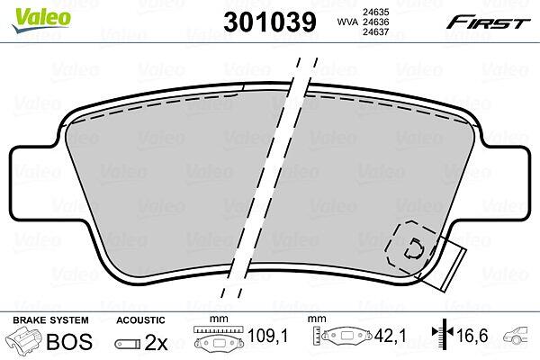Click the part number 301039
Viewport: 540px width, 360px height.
coord(270,22)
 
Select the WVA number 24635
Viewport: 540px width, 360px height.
coord(375,13)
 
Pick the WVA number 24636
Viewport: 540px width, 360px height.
coord(375,22)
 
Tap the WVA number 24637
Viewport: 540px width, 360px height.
coord(375,32)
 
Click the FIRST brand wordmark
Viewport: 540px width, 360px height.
coord(488,22)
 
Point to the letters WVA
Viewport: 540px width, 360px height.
coord(347,22)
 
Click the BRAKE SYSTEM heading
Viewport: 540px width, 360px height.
coord(50,320)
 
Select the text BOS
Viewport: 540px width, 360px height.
coord(69,341)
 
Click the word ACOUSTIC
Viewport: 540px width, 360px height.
coord(140,320)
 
